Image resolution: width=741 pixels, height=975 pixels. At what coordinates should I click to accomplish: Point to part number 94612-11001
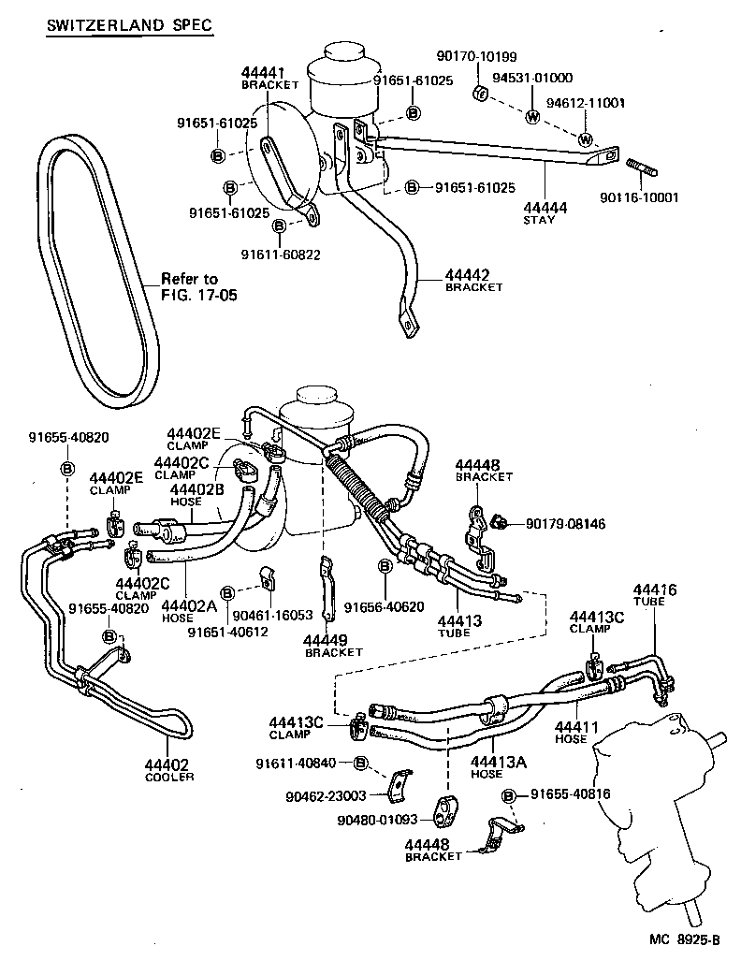point(586,103)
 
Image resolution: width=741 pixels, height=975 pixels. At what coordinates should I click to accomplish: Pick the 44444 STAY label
point(540,211)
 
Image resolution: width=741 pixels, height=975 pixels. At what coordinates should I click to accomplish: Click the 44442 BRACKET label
point(473,280)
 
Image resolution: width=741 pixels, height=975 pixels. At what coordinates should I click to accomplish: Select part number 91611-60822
point(278,255)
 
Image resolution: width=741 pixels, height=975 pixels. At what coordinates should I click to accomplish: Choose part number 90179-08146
point(565,524)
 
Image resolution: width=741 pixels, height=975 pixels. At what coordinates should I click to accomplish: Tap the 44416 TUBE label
point(654,595)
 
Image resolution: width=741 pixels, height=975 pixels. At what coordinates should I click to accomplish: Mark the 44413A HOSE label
point(499,766)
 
